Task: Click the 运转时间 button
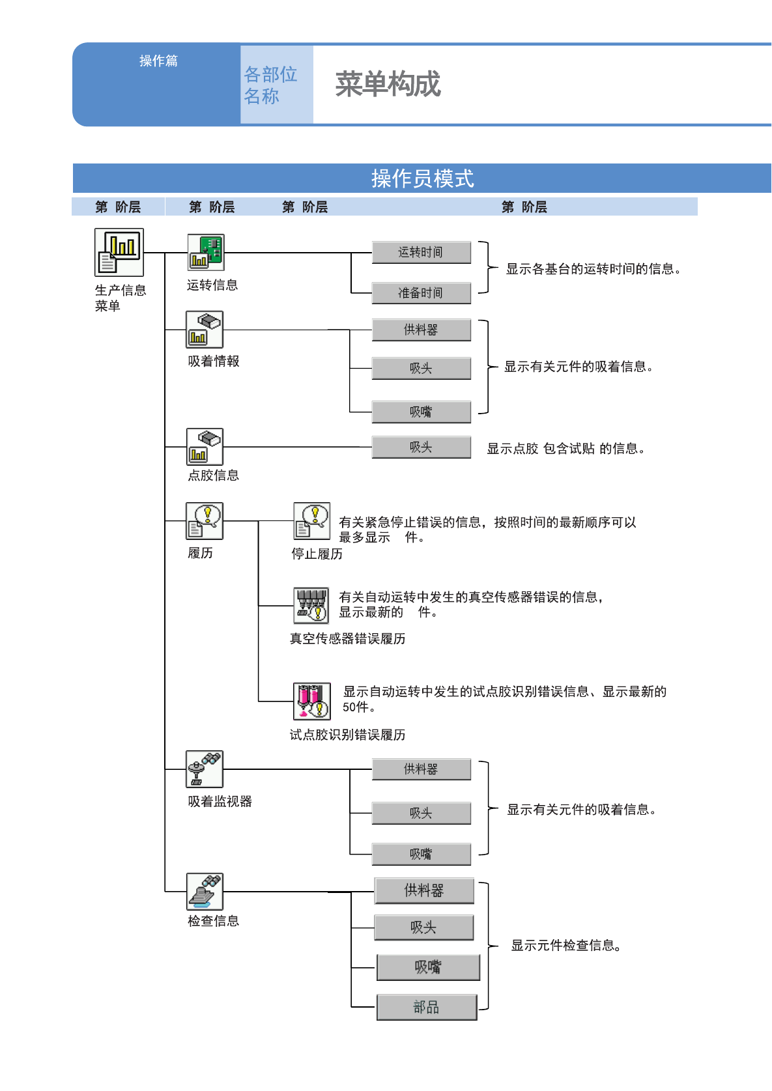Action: tap(422, 252)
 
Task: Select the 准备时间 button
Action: tap(422, 293)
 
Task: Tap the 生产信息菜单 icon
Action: tap(119, 252)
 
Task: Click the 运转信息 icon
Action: tap(206, 252)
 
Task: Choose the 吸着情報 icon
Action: tap(205, 329)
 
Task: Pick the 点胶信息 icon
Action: tap(205, 447)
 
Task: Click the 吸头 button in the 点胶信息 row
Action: tap(422, 447)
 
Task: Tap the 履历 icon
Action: tap(205, 521)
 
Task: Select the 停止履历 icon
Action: tap(311, 521)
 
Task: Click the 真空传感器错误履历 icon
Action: tap(311, 606)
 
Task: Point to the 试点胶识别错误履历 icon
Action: tap(311, 701)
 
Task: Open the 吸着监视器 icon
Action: tap(205, 769)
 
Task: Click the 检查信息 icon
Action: tap(205, 891)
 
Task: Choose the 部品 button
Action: tap(427, 1007)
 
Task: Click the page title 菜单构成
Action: tap(388, 84)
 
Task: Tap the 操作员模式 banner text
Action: tap(422, 178)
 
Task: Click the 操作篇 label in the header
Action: tap(159, 61)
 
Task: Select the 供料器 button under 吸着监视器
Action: tap(422, 769)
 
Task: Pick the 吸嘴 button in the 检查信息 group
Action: tap(428, 967)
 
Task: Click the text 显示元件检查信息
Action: tap(566, 945)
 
